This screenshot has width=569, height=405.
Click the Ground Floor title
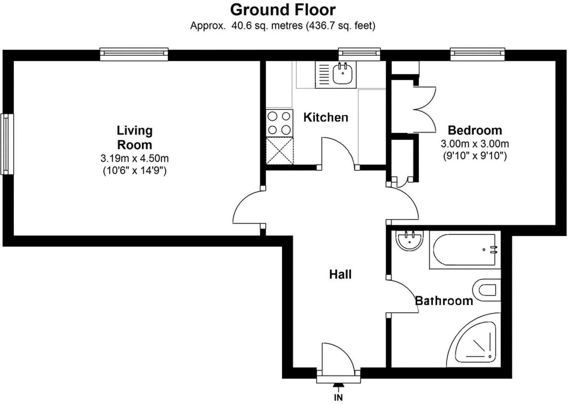point(282,10)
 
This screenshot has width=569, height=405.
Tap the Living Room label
point(135,137)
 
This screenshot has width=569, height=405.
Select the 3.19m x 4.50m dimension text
point(135,158)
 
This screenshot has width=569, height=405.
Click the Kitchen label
point(325,117)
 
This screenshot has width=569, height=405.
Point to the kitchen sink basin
point(342,73)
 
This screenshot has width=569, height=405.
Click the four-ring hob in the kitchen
point(279,123)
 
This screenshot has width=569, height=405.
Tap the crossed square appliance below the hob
point(280,151)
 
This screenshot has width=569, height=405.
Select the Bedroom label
point(474,130)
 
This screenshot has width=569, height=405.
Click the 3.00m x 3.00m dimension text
point(474,144)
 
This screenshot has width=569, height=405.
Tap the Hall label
point(340,274)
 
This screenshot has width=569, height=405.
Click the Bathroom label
point(444,301)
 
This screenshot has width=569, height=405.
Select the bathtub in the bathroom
point(464,250)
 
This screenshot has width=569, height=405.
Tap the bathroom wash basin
point(409,241)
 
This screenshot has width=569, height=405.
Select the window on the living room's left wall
point(7,144)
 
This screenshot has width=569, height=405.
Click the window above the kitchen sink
point(359,53)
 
